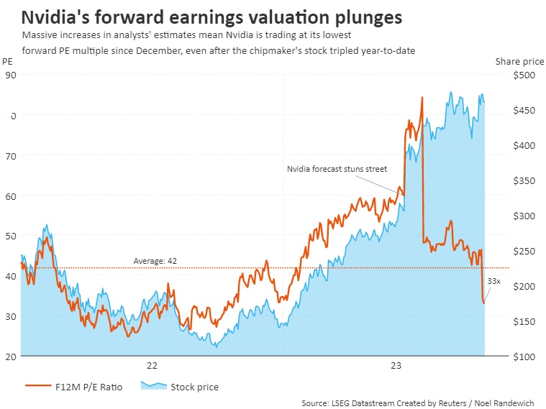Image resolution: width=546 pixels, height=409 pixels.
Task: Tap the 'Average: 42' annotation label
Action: pyautogui.click(x=155, y=260)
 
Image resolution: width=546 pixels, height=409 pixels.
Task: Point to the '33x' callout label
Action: pyautogui.click(x=494, y=281)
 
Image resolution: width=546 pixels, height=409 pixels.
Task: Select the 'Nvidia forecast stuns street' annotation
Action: pyautogui.click(x=337, y=169)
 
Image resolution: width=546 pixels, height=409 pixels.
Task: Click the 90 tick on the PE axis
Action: pyautogui.click(x=10, y=75)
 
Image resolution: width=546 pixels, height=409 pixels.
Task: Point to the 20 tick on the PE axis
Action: pyautogui.click(x=10, y=357)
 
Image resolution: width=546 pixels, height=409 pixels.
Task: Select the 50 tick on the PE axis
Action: pyautogui.click(x=10, y=236)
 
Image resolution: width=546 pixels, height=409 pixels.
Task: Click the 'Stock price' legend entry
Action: pyautogui.click(x=194, y=387)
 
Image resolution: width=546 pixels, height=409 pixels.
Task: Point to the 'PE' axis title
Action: pyautogui.click(x=8, y=62)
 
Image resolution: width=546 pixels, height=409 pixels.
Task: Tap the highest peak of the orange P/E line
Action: pyautogui.click(x=422, y=97)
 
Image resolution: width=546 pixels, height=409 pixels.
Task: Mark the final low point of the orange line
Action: pyautogui.click(x=484, y=303)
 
